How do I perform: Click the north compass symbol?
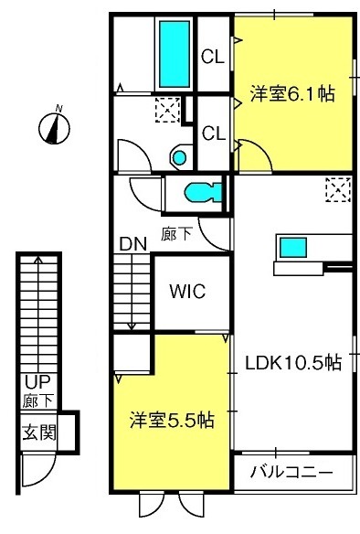click(54, 128)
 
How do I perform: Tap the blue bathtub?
click(175, 54)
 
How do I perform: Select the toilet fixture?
click(203, 193)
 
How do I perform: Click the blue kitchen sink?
click(293, 248)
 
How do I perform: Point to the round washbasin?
click(179, 157)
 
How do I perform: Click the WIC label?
click(188, 292)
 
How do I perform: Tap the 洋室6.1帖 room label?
click(292, 93)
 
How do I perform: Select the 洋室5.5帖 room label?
click(172, 420)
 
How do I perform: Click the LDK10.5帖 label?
click(293, 363)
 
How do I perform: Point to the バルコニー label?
click(291, 473)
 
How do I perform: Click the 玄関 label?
click(38, 433)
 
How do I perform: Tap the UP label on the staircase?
click(37, 382)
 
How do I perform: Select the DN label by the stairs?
click(133, 243)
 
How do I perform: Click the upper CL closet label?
click(213, 57)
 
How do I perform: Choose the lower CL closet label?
click(214, 133)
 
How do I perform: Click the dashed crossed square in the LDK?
click(338, 189)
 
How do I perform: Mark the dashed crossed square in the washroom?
click(167, 110)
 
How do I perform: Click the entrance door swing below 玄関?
click(38, 470)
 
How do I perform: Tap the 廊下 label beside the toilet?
click(176, 234)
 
